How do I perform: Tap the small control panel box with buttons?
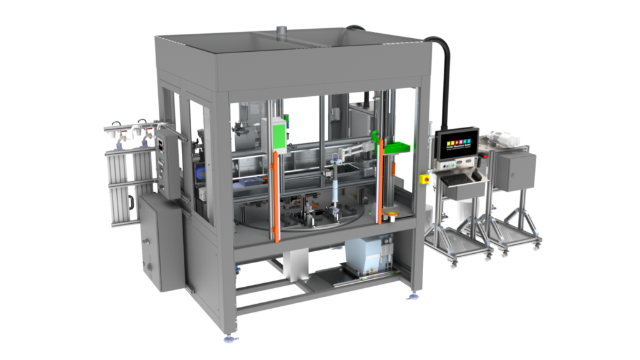tap(164, 159)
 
